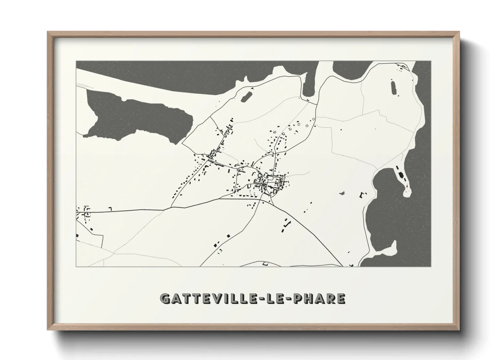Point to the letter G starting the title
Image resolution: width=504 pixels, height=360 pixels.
tap(164, 299)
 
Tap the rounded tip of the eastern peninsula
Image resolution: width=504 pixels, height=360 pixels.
tap(407, 193)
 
